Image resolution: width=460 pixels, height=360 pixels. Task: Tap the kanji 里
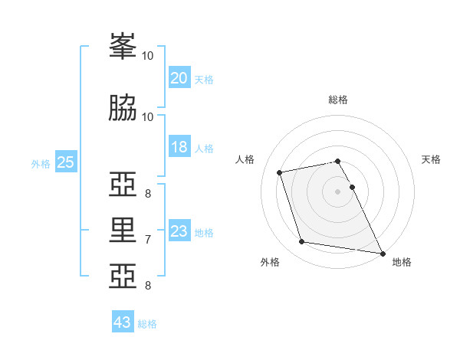click(123, 230)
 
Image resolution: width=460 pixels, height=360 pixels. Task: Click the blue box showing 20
click(179, 78)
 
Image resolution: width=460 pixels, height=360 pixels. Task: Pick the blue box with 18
click(179, 147)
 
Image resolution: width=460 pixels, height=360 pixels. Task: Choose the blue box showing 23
click(179, 231)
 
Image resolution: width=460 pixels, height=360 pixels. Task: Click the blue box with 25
click(65, 162)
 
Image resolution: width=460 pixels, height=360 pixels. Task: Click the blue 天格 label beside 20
click(204, 79)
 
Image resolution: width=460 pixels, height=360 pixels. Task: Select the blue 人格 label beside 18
click(204, 148)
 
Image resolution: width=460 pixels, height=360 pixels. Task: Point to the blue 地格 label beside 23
click(204, 232)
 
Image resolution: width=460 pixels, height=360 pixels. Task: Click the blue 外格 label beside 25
click(41, 163)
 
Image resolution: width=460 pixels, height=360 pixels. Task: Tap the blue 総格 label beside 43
click(147, 323)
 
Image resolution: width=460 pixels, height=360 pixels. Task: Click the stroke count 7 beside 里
click(148, 240)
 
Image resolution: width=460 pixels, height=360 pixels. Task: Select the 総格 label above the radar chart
click(337, 100)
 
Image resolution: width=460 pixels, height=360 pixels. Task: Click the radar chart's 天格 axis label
click(431, 159)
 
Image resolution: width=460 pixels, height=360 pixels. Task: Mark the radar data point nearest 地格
click(381, 252)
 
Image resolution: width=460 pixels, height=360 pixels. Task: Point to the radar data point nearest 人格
click(280, 172)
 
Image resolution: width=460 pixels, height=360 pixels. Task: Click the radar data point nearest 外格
click(302, 242)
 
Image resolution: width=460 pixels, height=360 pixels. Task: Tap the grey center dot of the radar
click(337, 191)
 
